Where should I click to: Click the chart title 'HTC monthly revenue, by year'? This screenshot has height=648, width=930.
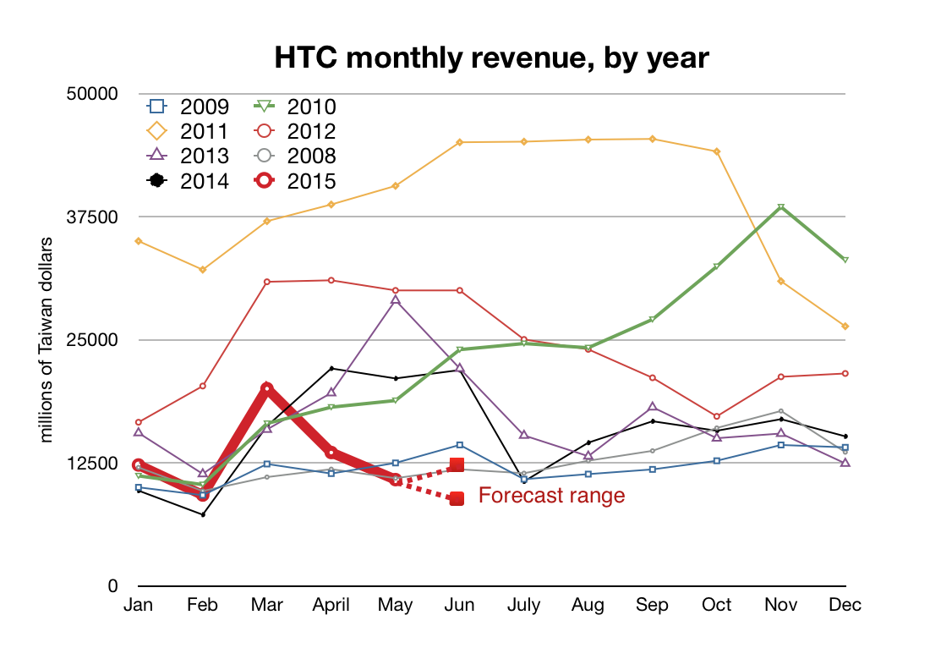point(491,58)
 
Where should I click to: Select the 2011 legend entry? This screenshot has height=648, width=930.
point(188,131)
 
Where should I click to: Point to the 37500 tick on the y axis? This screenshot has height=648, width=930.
point(93,217)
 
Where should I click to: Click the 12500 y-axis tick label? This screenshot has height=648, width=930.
point(93,464)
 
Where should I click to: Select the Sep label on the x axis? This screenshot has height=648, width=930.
point(652,605)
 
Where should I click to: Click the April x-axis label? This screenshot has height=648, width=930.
point(331,605)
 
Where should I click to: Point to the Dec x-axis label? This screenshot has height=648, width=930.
point(845,605)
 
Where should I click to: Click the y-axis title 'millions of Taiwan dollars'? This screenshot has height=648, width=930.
point(47,340)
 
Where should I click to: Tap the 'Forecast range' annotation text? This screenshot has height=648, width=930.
point(551,496)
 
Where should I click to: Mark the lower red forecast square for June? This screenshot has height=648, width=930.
point(457,499)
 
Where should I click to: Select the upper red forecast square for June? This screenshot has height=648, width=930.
point(457,464)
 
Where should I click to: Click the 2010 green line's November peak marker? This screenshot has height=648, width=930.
point(781,207)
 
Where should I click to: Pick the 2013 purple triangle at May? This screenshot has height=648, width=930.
point(395,300)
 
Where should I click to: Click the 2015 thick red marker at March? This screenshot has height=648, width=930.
point(266,388)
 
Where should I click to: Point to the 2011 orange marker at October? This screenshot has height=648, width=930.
point(717,151)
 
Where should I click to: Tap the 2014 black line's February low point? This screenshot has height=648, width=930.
point(202,514)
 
